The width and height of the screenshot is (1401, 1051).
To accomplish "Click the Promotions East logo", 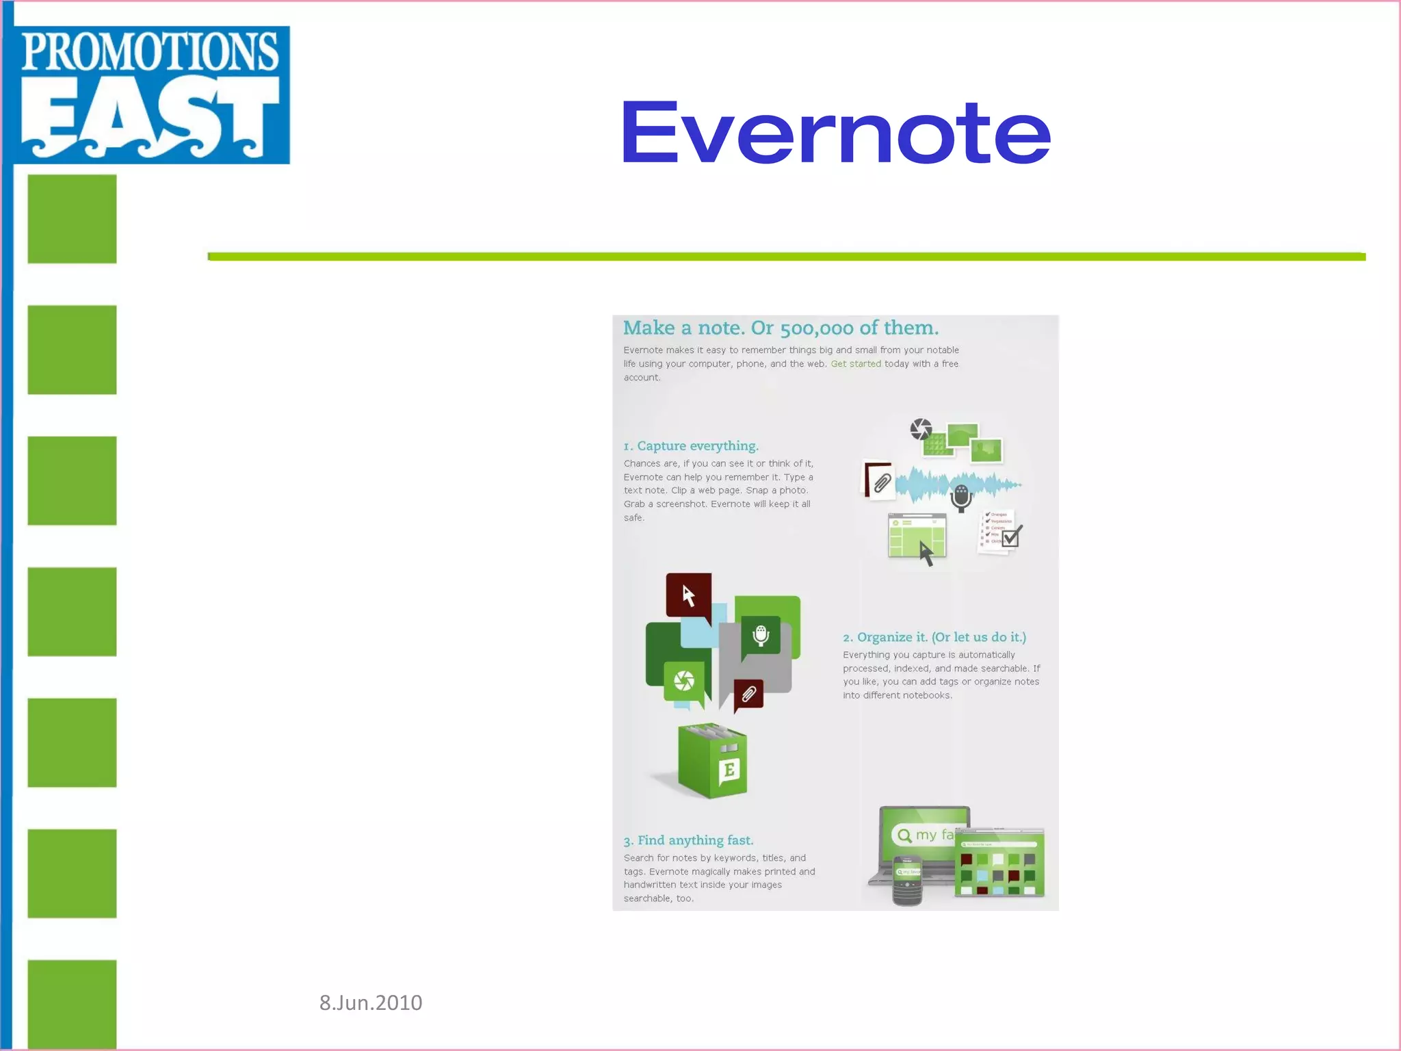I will click(150, 94).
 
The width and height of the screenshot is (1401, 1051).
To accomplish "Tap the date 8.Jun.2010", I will click(371, 1002).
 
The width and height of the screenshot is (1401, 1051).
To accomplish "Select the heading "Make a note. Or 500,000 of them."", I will click(781, 328).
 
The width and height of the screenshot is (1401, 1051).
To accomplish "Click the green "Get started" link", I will click(856, 364).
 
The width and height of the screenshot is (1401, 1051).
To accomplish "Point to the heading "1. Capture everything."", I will click(691, 446).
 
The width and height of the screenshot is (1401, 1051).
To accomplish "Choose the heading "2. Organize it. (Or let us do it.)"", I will click(934, 637).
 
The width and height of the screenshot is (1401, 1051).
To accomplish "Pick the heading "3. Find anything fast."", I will click(688, 840).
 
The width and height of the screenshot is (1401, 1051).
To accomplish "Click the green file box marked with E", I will click(712, 762).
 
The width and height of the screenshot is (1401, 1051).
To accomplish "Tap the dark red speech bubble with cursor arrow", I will click(689, 595).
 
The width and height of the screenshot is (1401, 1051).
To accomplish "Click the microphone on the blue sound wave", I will click(961, 497).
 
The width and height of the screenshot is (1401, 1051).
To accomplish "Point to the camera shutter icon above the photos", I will click(921, 430).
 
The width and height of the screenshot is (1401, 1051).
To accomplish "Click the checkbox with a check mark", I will click(1010, 536).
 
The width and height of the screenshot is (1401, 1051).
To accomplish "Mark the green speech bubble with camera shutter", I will click(684, 682).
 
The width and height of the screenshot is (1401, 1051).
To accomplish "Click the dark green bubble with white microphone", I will click(761, 636).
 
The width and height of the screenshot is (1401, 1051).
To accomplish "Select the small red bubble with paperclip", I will click(748, 695).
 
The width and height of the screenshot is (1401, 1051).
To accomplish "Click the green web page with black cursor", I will click(917, 536).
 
